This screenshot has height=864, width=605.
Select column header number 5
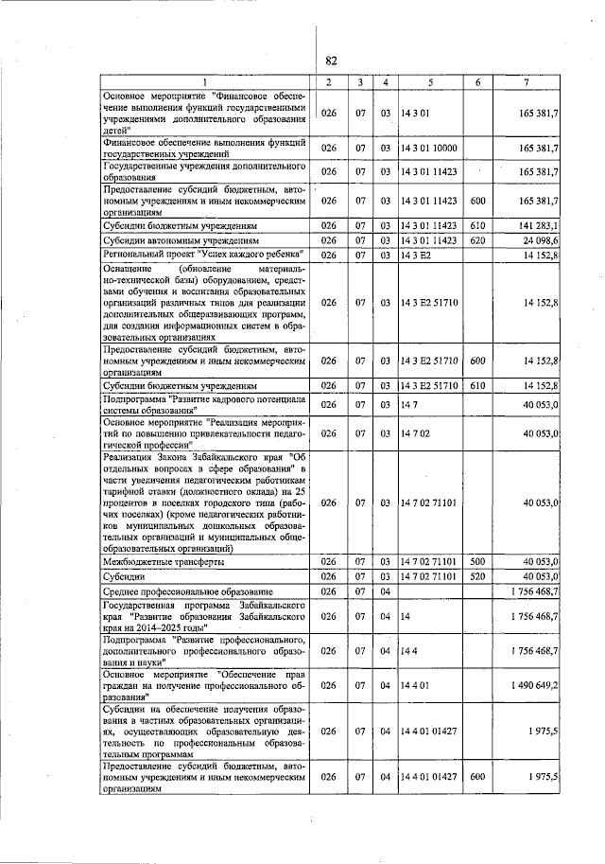(430, 82)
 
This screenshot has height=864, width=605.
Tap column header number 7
(526, 82)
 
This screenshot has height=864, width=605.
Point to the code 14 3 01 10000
(428, 149)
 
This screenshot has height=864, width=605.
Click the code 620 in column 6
(477, 240)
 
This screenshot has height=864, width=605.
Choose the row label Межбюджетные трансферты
(162, 561)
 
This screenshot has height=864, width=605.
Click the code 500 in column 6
(477, 561)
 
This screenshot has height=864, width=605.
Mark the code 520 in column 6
(477, 575)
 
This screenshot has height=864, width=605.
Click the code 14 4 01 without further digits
(414, 684)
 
